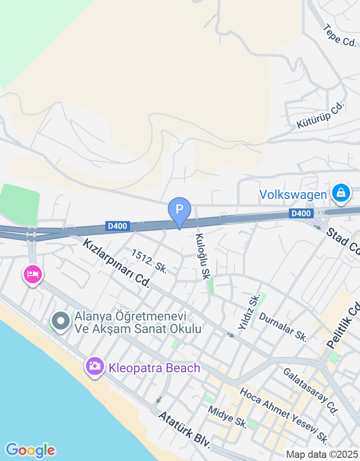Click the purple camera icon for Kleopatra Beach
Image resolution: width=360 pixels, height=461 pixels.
click(95, 367)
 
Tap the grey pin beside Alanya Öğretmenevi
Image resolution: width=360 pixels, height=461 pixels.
click(61, 322)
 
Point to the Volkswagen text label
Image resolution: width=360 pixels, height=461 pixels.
click(293, 194)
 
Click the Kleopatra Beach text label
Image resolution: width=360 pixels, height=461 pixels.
click(154, 368)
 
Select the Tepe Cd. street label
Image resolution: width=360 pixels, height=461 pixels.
click(339, 36)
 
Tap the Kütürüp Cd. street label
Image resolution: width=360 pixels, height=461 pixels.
click(320, 115)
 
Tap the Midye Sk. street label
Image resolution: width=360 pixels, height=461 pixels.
click(227, 417)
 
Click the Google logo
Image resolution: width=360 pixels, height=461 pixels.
click(30, 450)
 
